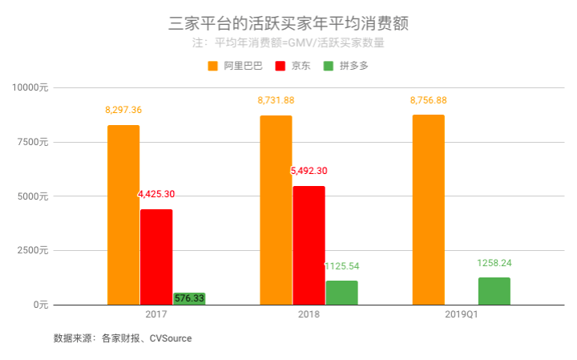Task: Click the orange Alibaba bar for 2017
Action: (123, 215)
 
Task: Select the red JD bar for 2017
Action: (156, 257)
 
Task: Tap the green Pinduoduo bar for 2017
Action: (189, 298)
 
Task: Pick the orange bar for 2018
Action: (276, 210)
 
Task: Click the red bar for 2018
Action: (309, 245)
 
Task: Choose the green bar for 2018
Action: (341, 293)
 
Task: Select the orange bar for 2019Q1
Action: (428, 209)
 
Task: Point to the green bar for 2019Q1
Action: (494, 291)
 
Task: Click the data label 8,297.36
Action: (123, 110)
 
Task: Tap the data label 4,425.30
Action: (157, 194)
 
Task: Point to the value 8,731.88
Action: (276, 100)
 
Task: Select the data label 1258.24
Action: (494, 262)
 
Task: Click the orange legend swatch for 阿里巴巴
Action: (213, 66)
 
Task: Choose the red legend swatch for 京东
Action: (280, 66)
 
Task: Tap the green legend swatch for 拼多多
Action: (329, 66)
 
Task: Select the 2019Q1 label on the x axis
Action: (461, 315)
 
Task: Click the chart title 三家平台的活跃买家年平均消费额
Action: (288, 23)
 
